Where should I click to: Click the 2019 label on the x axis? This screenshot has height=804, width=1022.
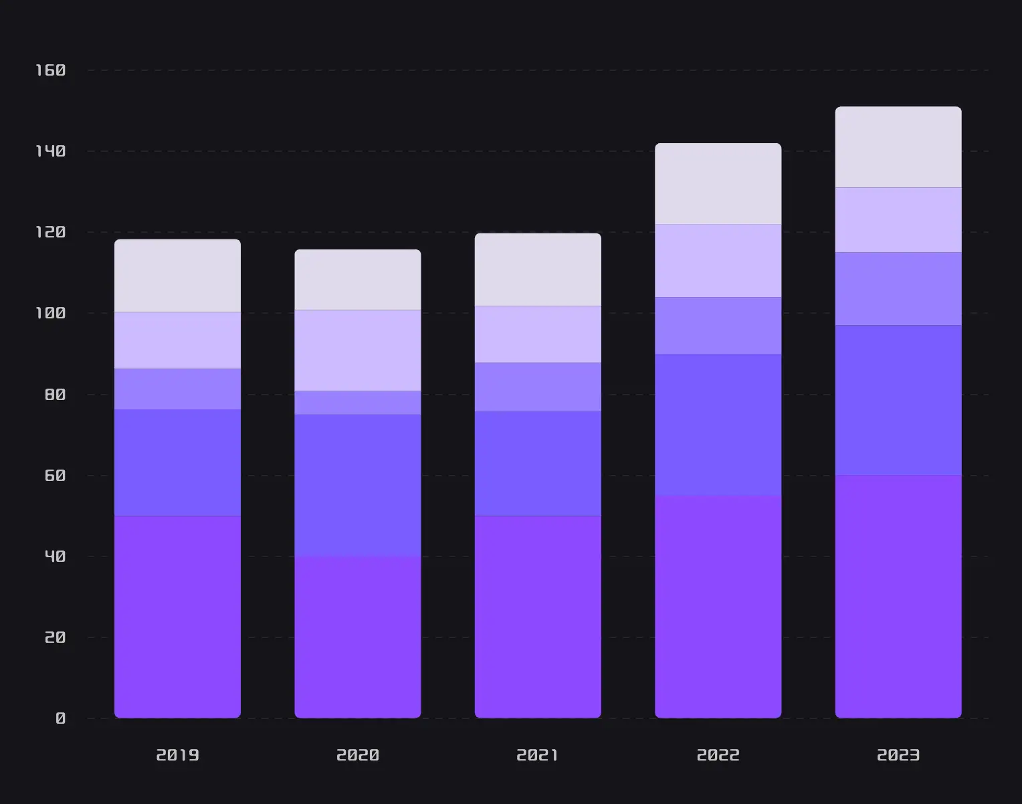pos(177,755)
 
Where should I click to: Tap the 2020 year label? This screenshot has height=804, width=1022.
pos(358,755)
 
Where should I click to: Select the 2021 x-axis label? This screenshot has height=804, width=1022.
pos(538,755)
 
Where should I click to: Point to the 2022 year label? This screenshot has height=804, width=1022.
pos(718,755)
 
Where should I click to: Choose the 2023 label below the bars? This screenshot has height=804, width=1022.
pos(898,755)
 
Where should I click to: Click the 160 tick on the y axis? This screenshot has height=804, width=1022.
pos(51,70)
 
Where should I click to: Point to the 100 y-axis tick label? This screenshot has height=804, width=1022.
pos(51,313)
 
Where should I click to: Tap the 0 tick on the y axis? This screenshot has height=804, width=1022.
pos(60,718)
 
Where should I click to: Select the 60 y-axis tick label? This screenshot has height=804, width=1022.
pos(55,476)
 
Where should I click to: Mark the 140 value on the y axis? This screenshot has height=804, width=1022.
pos(51,151)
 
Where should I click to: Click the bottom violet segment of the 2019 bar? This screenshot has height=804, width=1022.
pos(177,617)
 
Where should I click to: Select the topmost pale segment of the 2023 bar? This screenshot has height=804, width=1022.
pos(898,147)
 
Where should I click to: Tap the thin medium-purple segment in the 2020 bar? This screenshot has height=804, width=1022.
pos(358,403)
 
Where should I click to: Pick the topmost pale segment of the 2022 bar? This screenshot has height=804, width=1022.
pos(718,184)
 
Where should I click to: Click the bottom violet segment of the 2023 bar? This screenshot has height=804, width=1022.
pos(898,597)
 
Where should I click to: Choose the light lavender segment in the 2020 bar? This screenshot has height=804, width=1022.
pos(358,350)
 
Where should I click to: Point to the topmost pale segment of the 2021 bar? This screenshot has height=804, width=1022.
pos(538,270)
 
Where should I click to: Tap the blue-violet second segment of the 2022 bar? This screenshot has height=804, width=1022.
pos(718,425)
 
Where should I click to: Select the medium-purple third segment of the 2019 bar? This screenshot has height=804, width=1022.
pos(177,389)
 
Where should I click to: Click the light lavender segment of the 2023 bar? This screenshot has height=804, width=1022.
pos(898,220)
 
